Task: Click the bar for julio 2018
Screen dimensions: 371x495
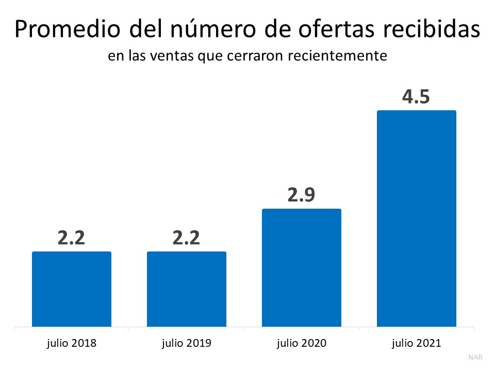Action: tap(72, 289)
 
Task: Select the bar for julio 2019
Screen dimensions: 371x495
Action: tap(187, 289)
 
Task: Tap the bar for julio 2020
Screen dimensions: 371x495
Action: tap(302, 267)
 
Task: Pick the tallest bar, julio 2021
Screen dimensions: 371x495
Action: tap(417, 218)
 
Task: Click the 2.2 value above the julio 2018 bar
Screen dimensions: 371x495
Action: tap(71, 238)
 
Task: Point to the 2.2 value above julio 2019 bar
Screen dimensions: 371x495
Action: tap(186, 238)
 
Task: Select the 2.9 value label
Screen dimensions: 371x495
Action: tap(302, 195)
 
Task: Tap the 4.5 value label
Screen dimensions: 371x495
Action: tap(416, 97)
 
